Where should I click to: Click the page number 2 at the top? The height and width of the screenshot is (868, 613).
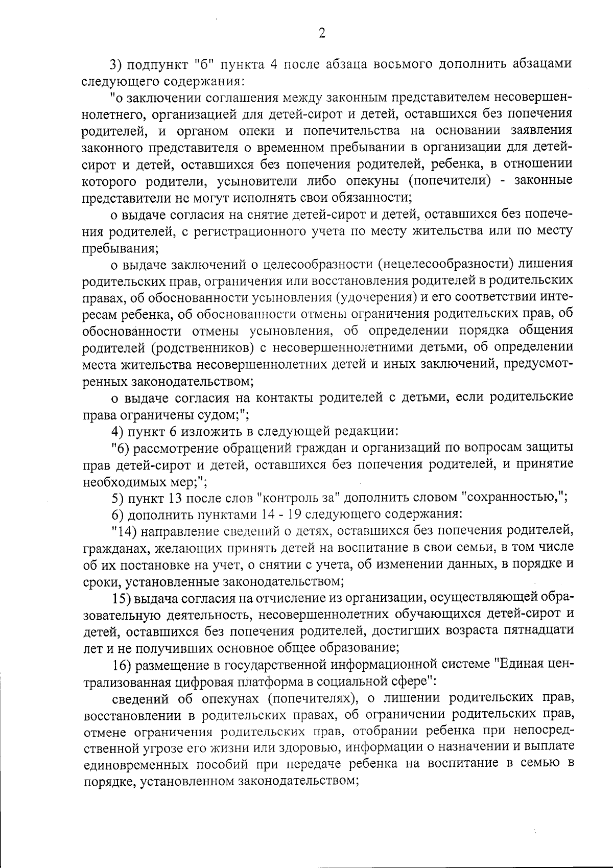pyautogui.click(x=321, y=33)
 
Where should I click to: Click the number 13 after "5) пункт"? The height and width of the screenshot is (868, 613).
pyautogui.click(x=173, y=498)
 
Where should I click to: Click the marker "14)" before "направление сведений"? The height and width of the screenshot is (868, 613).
pyautogui.click(x=122, y=531)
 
